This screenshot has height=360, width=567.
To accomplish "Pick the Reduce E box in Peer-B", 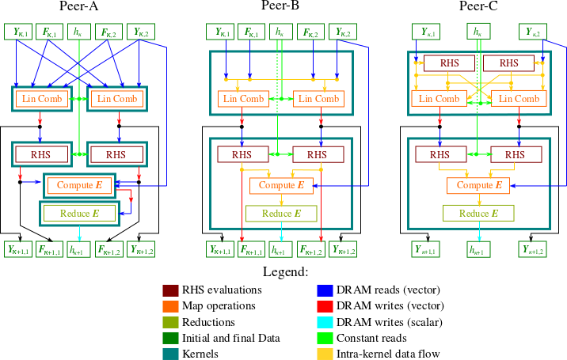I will (280, 213).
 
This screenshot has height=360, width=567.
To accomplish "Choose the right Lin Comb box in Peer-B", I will (319, 99).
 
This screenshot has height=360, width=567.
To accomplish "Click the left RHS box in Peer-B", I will (242, 154).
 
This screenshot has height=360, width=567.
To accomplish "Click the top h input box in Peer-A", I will (78, 32).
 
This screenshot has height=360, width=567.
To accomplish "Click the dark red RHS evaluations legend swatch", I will (169, 290).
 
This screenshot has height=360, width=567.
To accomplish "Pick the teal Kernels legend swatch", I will (169, 354).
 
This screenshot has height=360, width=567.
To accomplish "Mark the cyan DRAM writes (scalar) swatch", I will (323, 322).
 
